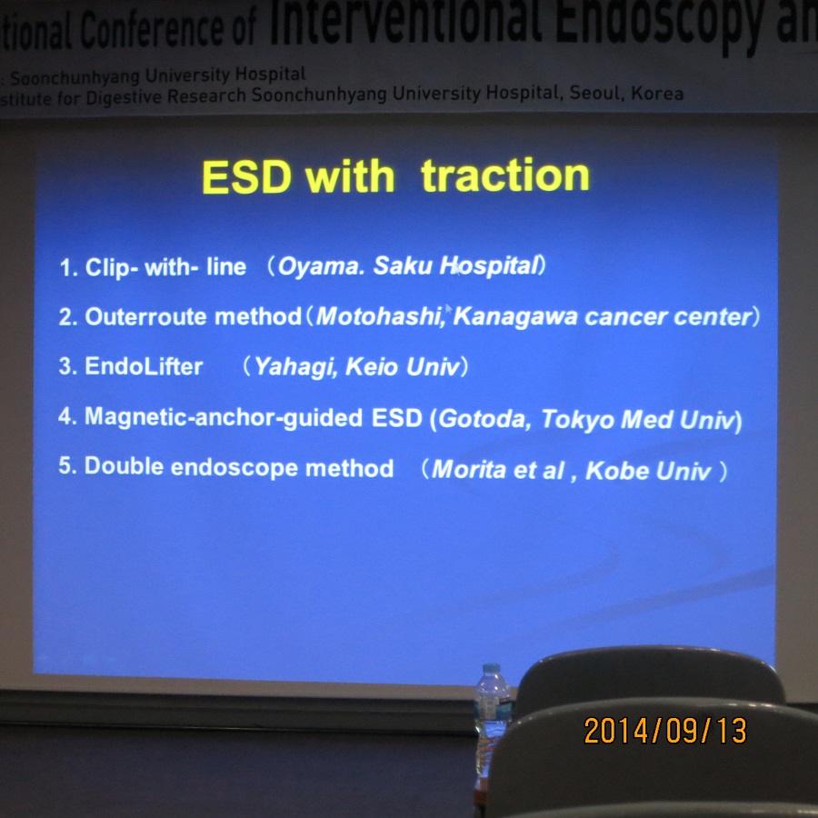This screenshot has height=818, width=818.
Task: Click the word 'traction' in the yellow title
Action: click(x=505, y=175)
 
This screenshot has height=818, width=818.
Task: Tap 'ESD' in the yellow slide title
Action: click(x=246, y=177)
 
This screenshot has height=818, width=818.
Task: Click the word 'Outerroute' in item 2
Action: click(x=145, y=316)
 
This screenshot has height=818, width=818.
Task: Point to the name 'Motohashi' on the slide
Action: click(x=379, y=316)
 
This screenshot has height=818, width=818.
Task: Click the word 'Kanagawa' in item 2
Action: click(x=515, y=317)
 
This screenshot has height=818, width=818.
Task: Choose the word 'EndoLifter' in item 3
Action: click(x=144, y=366)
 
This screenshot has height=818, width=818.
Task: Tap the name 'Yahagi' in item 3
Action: click(x=294, y=367)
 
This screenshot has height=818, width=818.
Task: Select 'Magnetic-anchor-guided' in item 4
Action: click(x=224, y=418)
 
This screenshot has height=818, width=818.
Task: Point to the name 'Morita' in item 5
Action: click(x=469, y=470)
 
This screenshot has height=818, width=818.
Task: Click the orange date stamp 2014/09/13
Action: click(x=665, y=731)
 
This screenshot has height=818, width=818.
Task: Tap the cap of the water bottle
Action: click(x=492, y=668)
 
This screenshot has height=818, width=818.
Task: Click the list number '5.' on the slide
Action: click(x=67, y=465)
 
